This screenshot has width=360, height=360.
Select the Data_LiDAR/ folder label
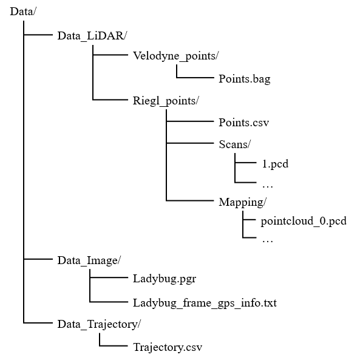(x=92, y=36)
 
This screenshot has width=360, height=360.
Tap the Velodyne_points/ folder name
(x=175, y=56)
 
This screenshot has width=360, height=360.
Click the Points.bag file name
(x=245, y=79)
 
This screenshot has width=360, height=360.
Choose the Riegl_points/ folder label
(x=166, y=100)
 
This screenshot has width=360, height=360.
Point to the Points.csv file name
(x=243, y=123)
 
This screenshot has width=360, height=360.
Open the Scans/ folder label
(x=235, y=144)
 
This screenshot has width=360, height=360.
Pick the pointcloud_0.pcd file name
(x=303, y=220)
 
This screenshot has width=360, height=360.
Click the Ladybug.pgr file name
(x=165, y=279)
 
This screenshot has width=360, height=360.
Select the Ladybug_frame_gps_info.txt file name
(x=205, y=302)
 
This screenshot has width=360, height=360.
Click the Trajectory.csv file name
(x=167, y=347)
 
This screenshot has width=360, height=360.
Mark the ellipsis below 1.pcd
(x=267, y=184)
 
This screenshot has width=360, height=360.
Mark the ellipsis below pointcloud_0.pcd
(x=267, y=240)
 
